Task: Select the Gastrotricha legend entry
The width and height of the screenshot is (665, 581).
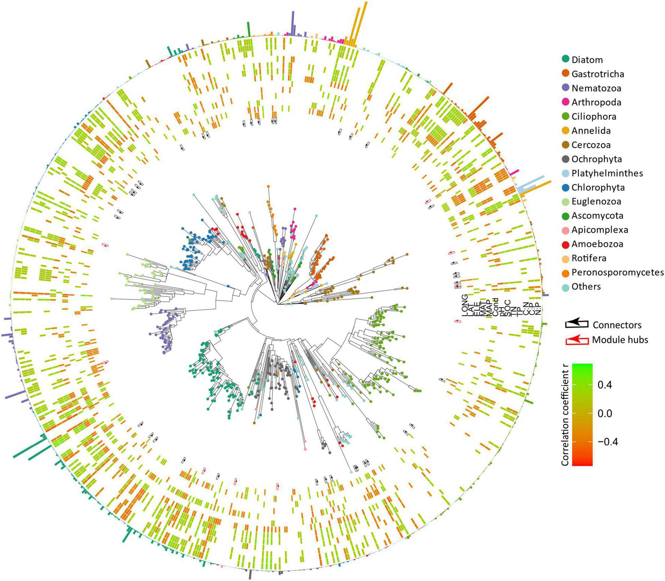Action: pos(597,74)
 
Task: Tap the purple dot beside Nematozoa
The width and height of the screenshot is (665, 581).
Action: pos(566,88)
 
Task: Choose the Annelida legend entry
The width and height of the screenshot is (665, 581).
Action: pos(591,131)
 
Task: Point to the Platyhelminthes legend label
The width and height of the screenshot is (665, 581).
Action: pos(607,173)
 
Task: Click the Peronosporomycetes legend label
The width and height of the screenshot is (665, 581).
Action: pos(618,272)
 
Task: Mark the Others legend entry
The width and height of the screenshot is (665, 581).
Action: pos(586,286)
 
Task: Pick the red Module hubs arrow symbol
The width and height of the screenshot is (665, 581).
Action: pos(577,340)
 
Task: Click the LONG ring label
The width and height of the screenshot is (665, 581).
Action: pos(465,305)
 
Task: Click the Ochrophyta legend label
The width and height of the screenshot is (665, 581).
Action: pos(597,159)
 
